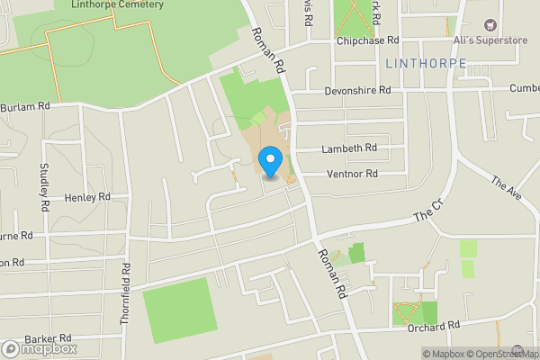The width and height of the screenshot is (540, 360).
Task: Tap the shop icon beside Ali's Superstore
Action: click(490, 25)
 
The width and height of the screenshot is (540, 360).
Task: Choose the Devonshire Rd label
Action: click(357, 91)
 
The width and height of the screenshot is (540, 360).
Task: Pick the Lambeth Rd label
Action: click(349, 148)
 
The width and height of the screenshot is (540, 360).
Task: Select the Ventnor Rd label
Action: click(352, 174)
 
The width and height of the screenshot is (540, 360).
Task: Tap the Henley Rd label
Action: click(86, 196)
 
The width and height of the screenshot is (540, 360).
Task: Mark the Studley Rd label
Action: click(43, 187)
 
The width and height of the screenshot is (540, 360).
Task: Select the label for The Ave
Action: click(507, 190)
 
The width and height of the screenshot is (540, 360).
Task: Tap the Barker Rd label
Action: click(48, 338)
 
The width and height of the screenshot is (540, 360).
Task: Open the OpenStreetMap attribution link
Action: click(501, 354)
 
